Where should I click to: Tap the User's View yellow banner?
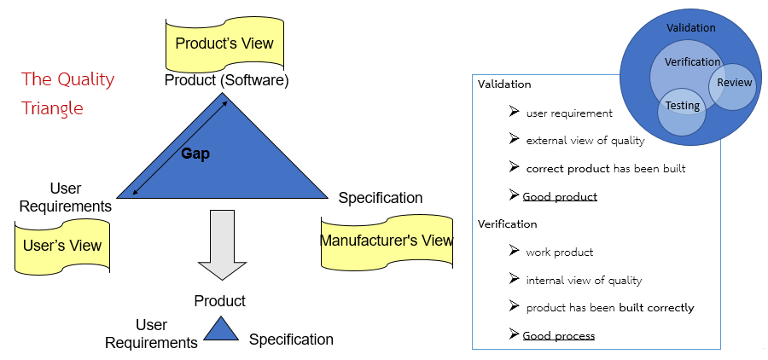pos(61,246)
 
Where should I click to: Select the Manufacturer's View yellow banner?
pos(387,241)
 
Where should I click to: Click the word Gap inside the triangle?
pos(195,154)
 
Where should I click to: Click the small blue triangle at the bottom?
pos(220,330)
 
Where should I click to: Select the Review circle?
pos(734,84)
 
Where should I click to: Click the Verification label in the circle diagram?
pos(692,61)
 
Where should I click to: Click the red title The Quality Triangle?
pos(67,94)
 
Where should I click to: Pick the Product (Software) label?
pos(226,81)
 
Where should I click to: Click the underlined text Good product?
pos(560,197)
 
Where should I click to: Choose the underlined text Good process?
pos(558,335)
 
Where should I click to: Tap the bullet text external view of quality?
pos(585,141)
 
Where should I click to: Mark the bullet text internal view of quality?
pos(584,280)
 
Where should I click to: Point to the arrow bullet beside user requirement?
pos(514,113)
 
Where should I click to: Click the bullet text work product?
pos(559,253)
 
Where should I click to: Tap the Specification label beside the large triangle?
pos(380,198)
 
